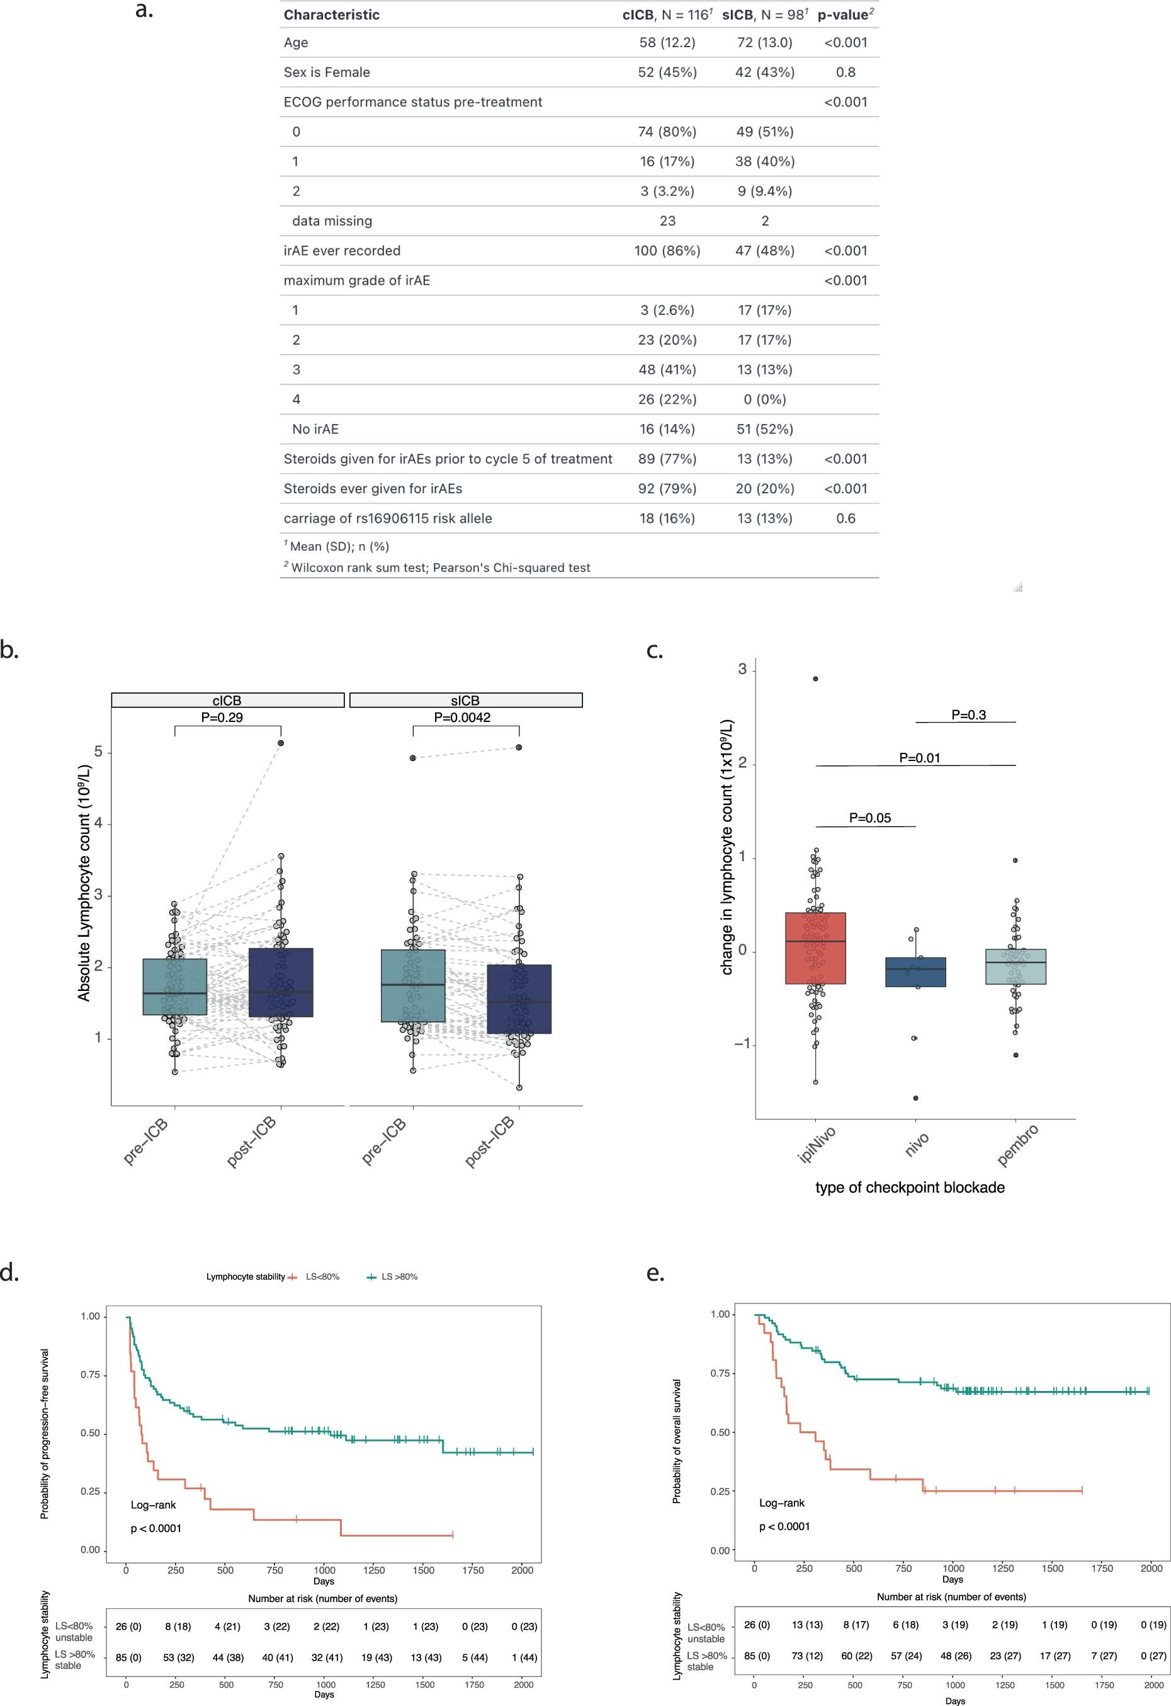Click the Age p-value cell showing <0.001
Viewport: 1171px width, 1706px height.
point(846,43)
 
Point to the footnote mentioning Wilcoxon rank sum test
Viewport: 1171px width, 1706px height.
point(440,568)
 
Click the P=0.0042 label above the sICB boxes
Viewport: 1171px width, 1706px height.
point(462,717)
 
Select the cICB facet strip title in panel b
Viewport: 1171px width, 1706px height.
point(227,701)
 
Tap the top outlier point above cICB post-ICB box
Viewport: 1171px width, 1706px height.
point(281,743)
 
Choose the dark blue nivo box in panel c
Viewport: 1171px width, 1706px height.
point(915,972)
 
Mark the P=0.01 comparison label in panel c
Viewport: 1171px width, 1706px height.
point(919,758)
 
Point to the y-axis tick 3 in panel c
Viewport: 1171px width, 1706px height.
point(742,669)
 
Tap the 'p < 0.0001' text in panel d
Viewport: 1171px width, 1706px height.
point(156,1528)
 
